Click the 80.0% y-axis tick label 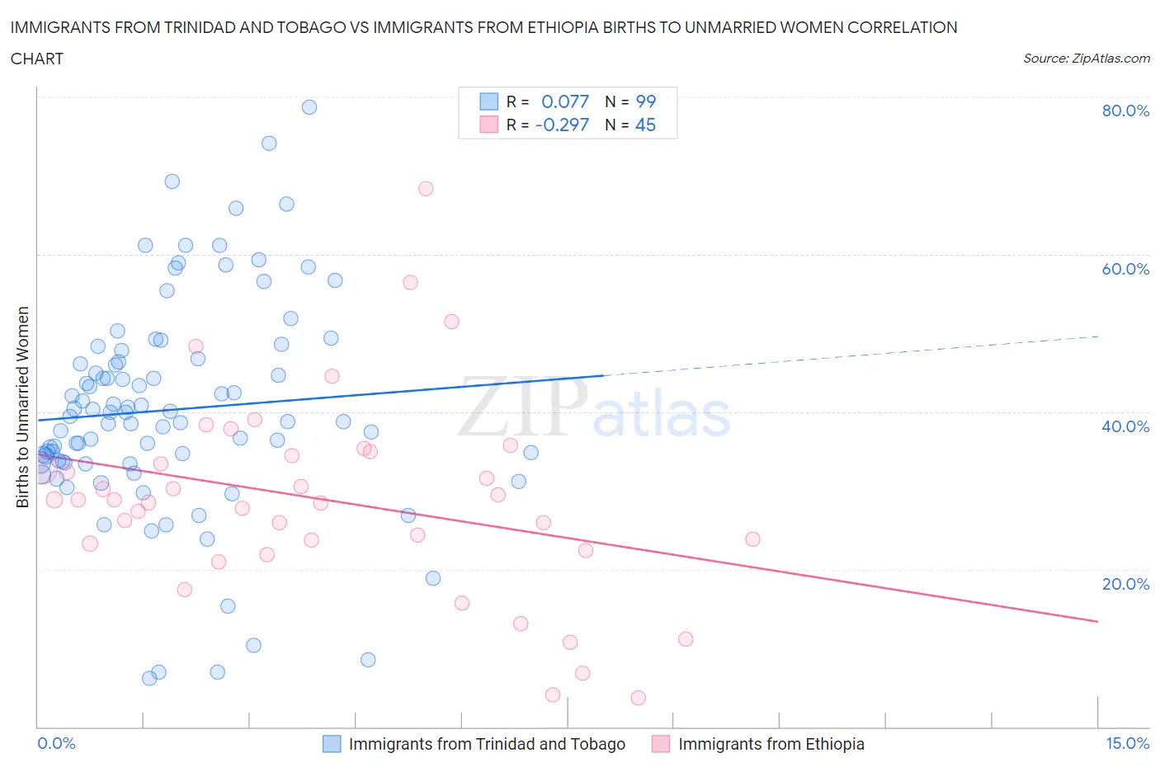pos(1125,111)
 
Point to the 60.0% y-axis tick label pos(1125,269)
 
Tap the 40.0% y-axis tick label pos(1125,426)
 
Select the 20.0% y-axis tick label pos(1125,584)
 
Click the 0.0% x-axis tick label pos(56,743)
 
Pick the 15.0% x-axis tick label pos(1127,743)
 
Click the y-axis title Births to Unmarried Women pos(23,407)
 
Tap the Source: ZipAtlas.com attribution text pos(1086,58)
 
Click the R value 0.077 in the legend pos(565,101)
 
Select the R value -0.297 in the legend pos(562,125)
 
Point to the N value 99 pos(645,101)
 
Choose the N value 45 pos(645,125)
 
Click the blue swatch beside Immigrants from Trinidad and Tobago pos(332,744)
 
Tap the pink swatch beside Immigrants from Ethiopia pos(661,744)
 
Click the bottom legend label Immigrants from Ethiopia pos(771,744)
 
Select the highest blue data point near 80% pos(309,106)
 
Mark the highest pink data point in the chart pos(426,188)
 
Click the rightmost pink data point pos(752,539)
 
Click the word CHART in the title pos(37,59)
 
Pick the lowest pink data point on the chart pos(638,698)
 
